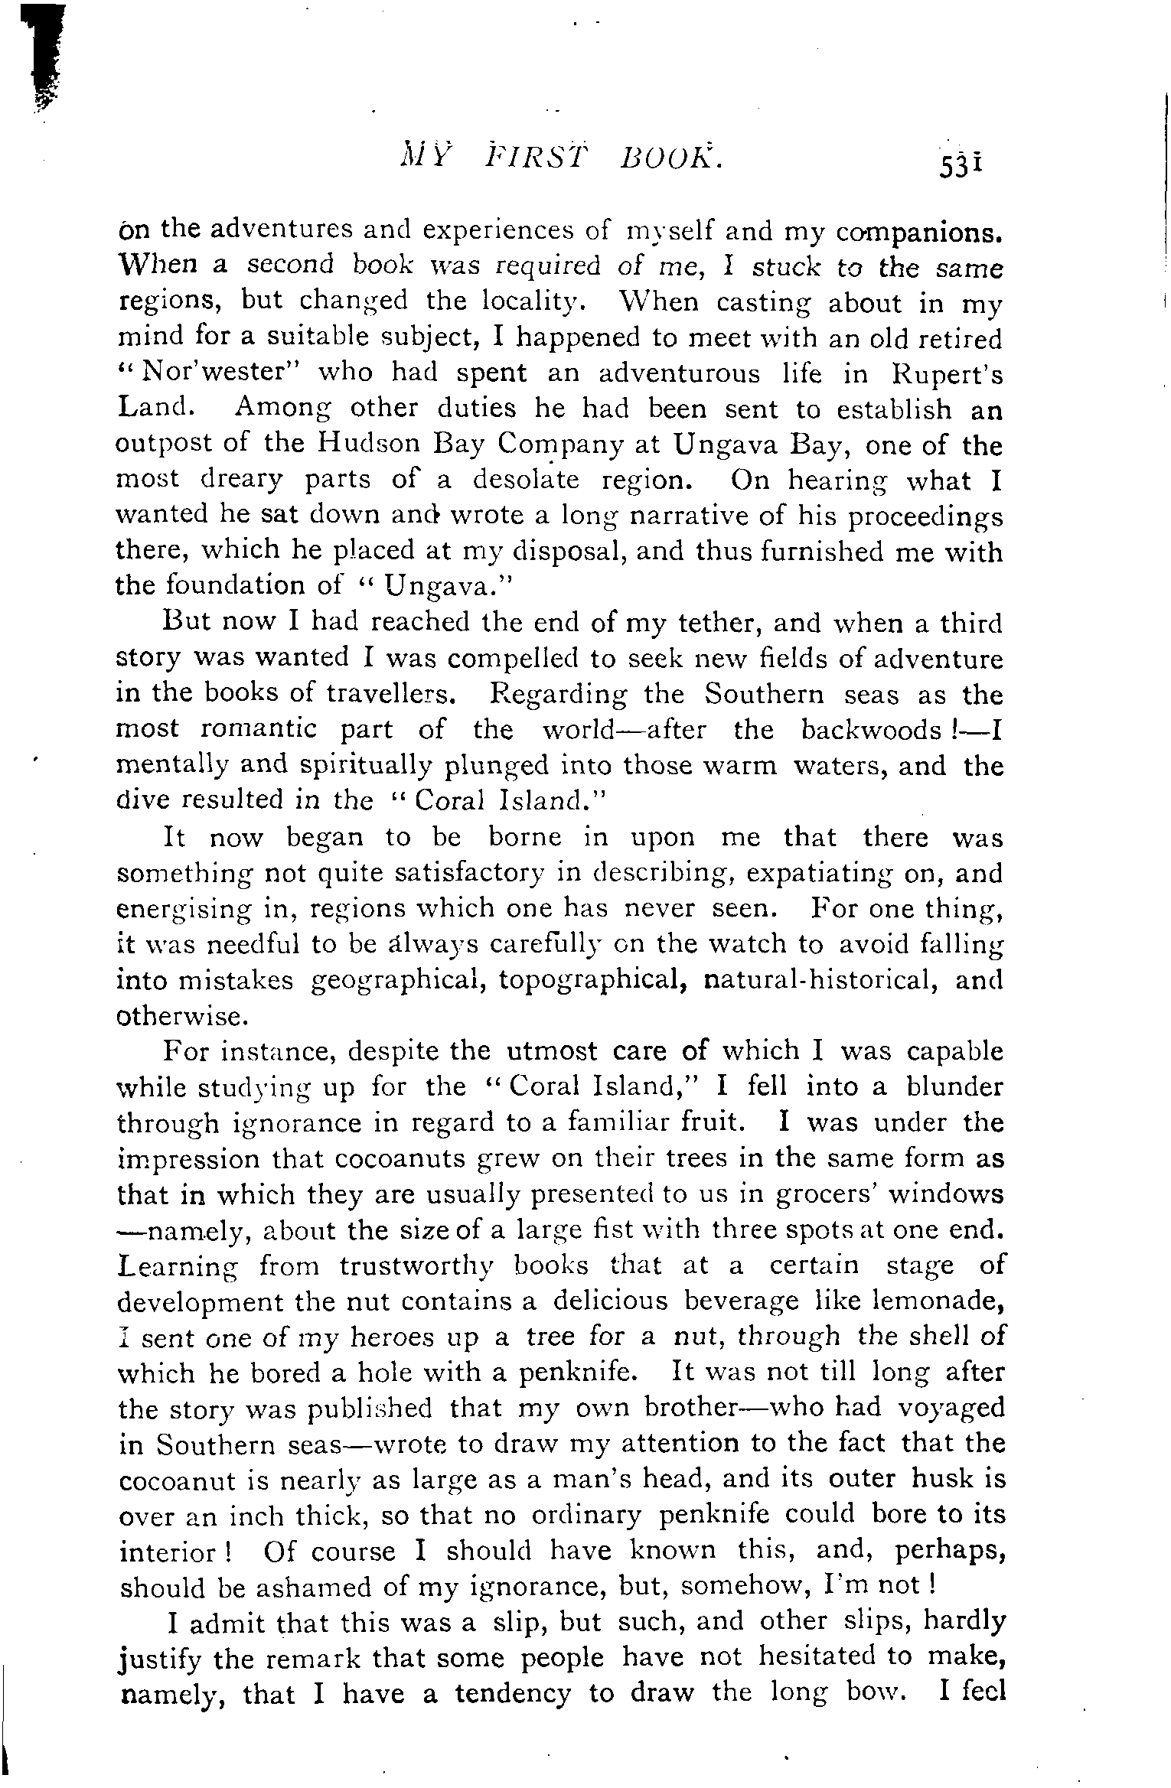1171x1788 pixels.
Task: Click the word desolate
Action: click(527, 480)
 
